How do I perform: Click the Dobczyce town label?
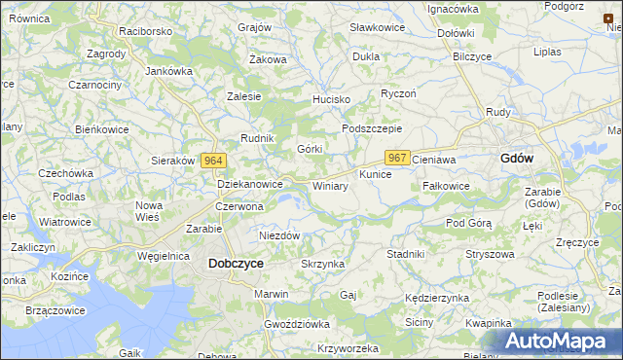(x=236, y=263)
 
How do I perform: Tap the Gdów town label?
(x=516, y=159)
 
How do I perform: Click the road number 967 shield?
(x=397, y=157)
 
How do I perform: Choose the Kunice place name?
(x=375, y=174)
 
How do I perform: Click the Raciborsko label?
(x=145, y=30)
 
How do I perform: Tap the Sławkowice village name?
(x=376, y=29)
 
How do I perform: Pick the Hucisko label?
(x=330, y=99)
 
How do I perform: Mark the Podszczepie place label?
(x=371, y=128)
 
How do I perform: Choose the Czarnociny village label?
(x=94, y=85)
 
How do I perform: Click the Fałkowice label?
(x=447, y=186)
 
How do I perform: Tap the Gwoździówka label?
(x=297, y=322)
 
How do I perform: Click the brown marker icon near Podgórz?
(x=608, y=18)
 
